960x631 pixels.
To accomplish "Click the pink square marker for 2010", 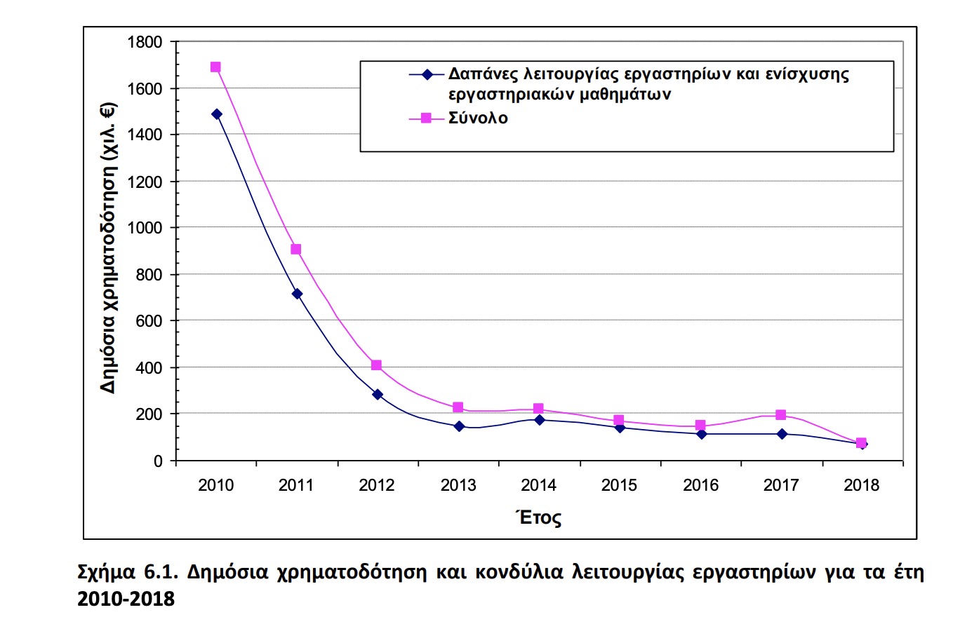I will [x=215, y=67].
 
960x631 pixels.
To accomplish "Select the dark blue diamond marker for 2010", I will [x=216, y=114].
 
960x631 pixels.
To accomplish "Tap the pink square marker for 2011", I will [x=296, y=250].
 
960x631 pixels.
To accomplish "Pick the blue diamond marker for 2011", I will [x=297, y=294].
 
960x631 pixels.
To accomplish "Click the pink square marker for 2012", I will [x=377, y=365].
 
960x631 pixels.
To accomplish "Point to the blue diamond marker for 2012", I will [x=378, y=395].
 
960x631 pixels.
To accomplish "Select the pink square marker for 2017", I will [x=780, y=415].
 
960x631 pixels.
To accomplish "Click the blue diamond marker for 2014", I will [x=539, y=420].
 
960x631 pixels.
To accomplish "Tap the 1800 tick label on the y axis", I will [x=145, y=43].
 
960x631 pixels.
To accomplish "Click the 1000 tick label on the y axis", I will [x=145, y=228].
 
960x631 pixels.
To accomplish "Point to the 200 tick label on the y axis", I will [x=149, y=414].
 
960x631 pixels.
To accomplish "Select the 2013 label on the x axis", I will [x=458, y=485].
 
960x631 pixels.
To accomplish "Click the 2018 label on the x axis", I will [x=861, y=485].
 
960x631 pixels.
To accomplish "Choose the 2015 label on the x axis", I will [x=619, y=485].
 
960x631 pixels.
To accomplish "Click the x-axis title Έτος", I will [x=539, y=518].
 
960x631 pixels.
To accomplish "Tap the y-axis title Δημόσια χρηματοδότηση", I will [x=108, y=249].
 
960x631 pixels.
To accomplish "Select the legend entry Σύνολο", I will [x=478, y=118].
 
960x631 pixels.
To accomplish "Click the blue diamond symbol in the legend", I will [x=427, y=74].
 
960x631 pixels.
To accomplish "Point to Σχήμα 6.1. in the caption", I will [x=126, y=572].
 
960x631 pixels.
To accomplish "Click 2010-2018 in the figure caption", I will [x=126, y=599].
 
